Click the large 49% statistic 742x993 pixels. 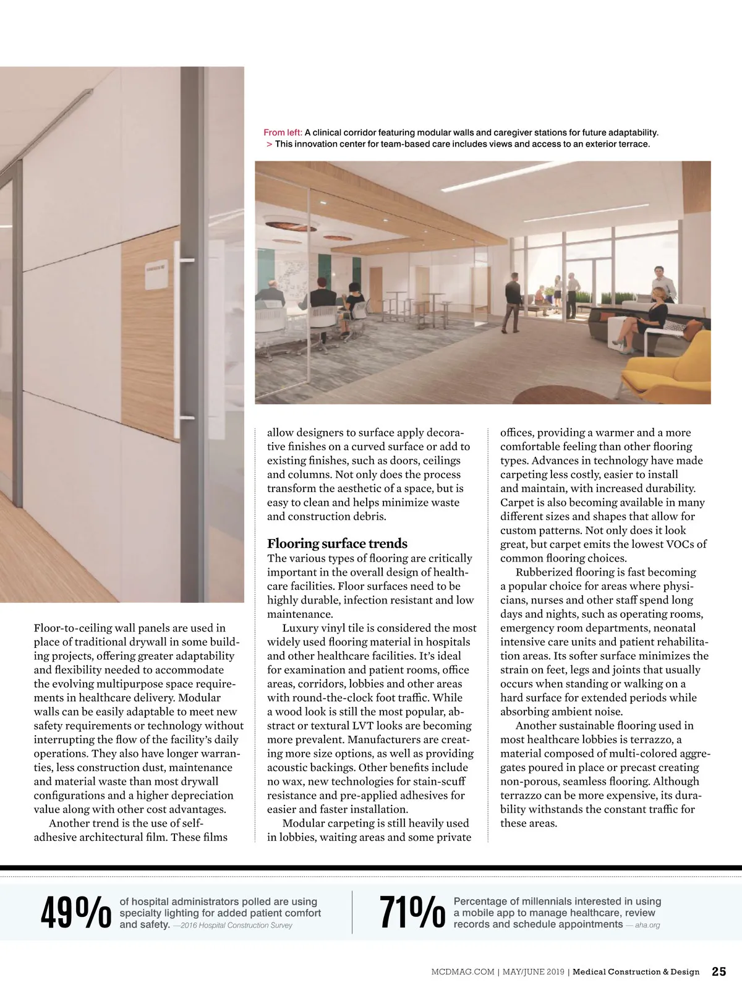75,912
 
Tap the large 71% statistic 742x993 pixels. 412,912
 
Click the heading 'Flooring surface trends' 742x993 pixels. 337,543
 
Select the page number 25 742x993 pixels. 719,971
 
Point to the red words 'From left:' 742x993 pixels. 283,132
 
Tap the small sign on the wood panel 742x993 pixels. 155,278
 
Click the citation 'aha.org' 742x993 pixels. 647,925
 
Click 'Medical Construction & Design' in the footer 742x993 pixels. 636,972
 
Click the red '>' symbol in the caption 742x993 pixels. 270,144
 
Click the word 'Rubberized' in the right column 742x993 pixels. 544,572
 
